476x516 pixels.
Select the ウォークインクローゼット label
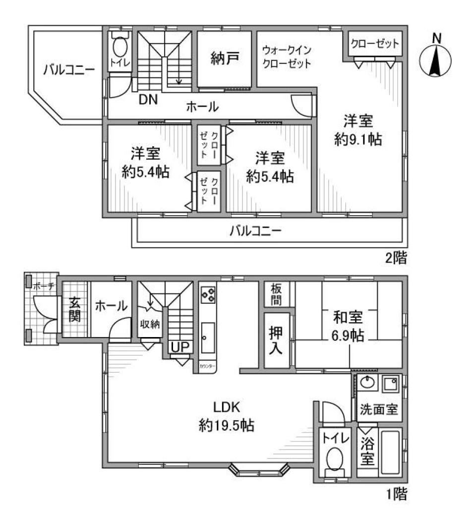(x=287, y=57)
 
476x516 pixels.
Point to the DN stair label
(x=148, y=100)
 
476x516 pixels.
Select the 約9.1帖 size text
(x=358, y=140)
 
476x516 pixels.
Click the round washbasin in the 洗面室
(x=367, y=382)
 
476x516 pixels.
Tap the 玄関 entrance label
(x=74, y=309)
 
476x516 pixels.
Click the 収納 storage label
(x=149, y=325)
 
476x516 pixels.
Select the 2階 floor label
(x=398, y=258)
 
